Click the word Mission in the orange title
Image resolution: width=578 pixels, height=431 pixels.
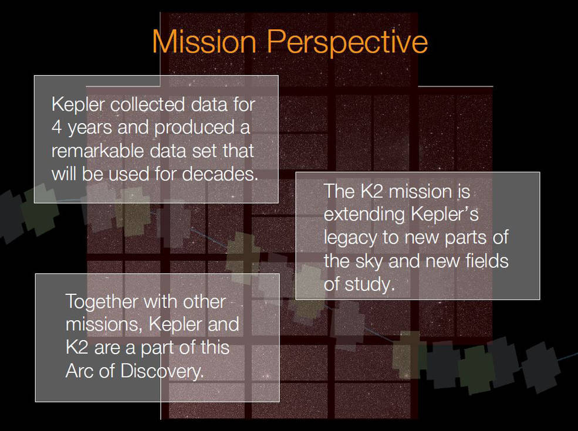coord(204,41)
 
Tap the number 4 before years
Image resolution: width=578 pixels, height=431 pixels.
coord(57,128)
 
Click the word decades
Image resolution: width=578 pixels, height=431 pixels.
coord(220,174)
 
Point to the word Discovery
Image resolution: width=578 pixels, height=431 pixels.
coord(162,371)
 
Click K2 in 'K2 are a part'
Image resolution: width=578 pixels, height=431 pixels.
coord(77,348)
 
